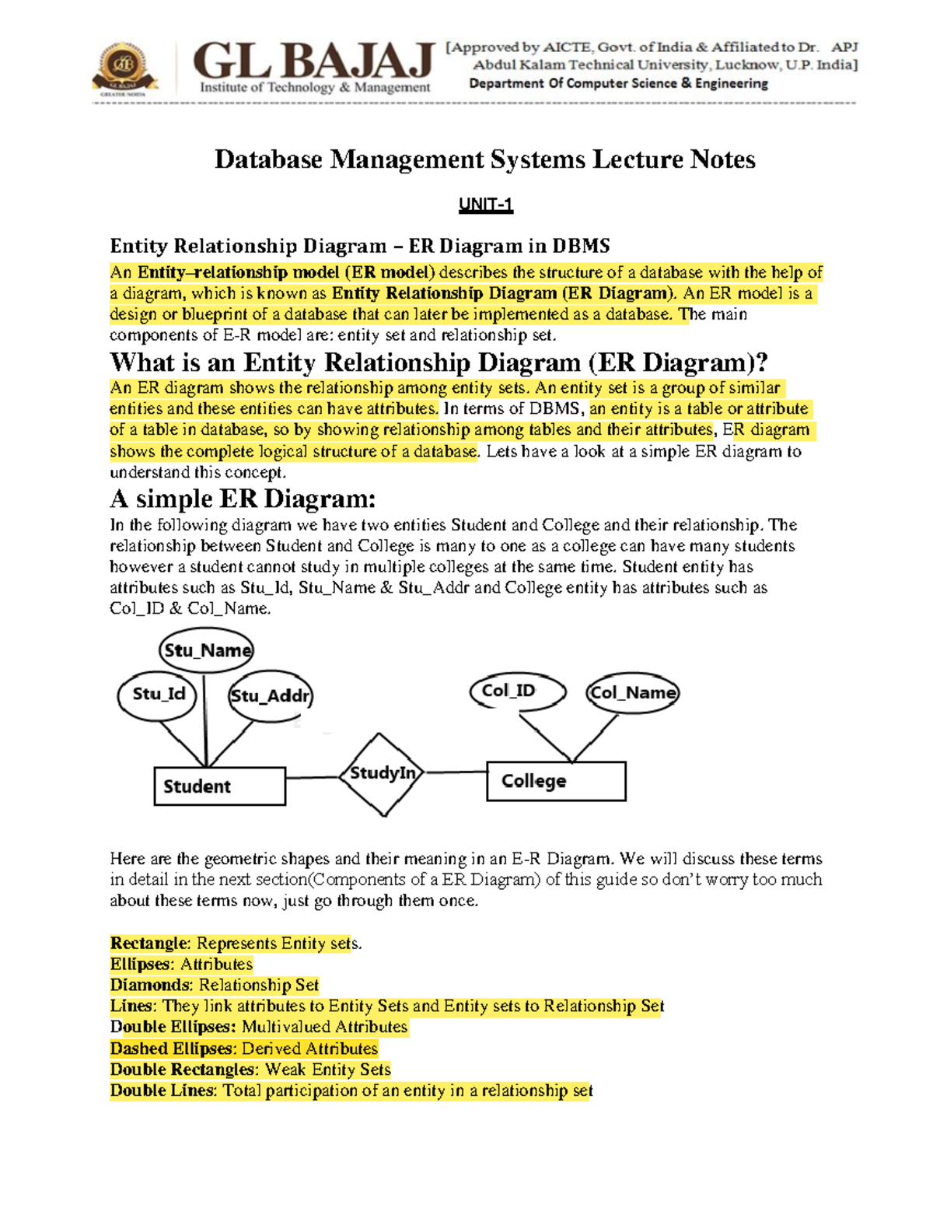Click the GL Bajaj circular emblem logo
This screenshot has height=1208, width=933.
click(x=124, y=68)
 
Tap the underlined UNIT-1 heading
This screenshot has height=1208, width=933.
click(x=485, y=205)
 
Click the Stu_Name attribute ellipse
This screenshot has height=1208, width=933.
click(x=207, y=650)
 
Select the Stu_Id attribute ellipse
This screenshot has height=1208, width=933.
click(x=158, y=695)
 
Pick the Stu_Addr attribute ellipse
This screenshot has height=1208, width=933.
click(x=270, y=696)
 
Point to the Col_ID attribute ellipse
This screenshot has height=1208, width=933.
click(x=517, y=691)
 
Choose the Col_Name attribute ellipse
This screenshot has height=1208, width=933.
click(x=632, y=692)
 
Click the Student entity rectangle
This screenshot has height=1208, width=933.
click(x=220, y=786)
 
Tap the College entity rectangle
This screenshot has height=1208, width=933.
click(x=556, y=781)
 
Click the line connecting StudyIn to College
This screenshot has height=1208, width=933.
click(x=456, y=772)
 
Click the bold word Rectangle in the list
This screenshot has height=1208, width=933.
click(x=150, y=944)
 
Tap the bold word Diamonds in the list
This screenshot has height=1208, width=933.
click(x=151, y=986)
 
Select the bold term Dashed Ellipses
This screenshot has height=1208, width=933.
click(x=171, y=1049)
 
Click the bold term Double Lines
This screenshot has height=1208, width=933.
click(x=162, y=1091)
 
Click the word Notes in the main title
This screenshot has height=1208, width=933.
click(x=722, y=159)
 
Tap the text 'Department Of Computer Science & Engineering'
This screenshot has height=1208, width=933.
click(x=618, y=83)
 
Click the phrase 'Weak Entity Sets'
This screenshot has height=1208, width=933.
click(x=327, y=1070)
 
